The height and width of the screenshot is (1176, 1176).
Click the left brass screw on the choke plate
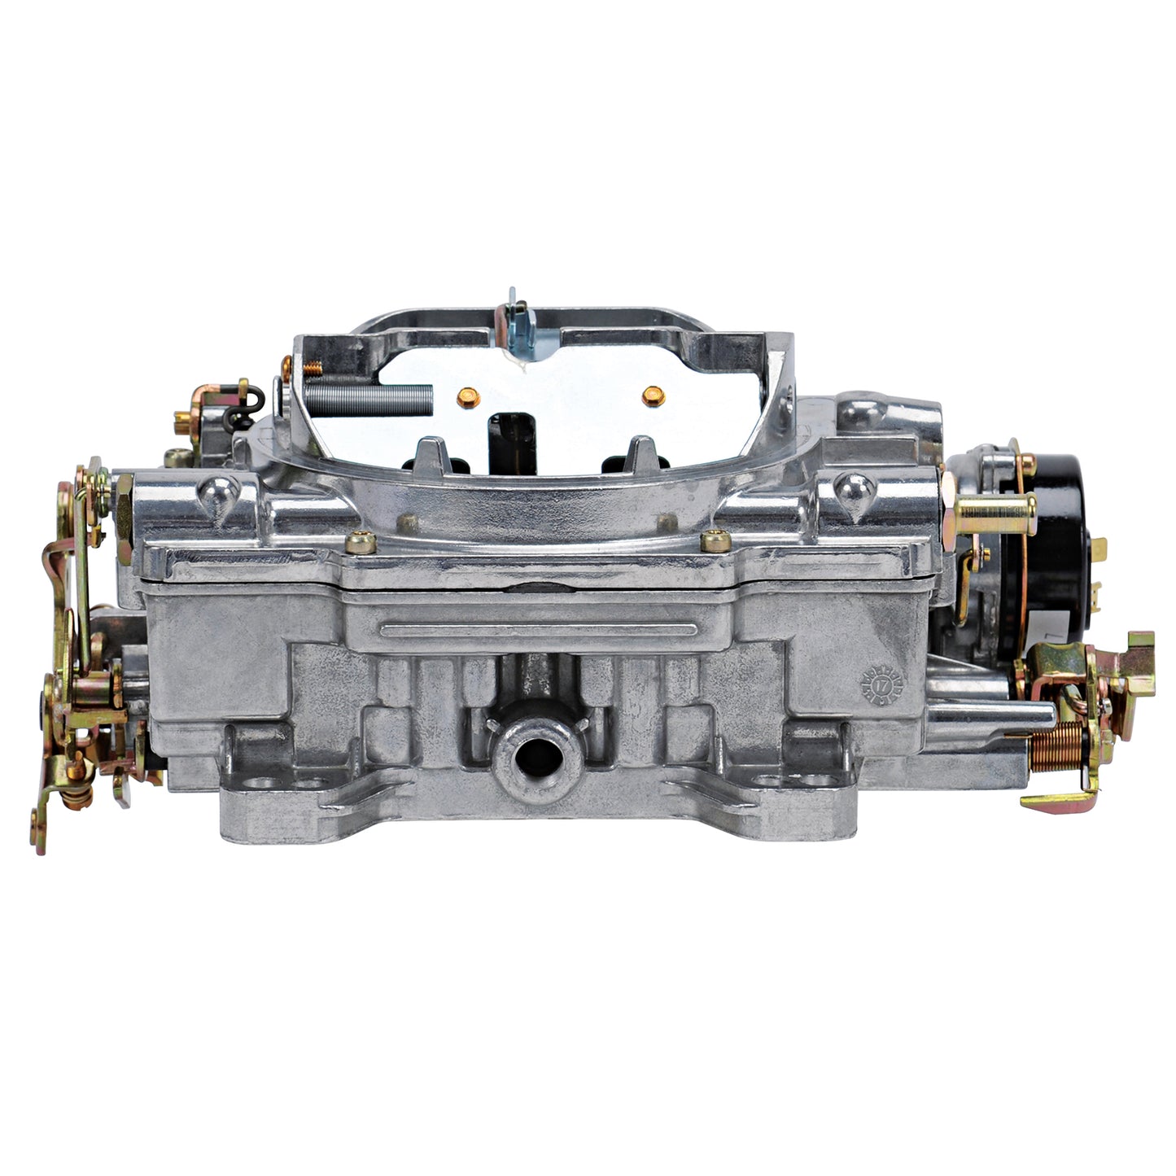(x=468, y=397)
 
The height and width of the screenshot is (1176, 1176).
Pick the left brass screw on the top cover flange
(x=356, y=540)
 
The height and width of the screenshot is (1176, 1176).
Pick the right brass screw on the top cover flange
(x=714, y=540)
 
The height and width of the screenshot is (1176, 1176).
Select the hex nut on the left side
(x=125, y=513)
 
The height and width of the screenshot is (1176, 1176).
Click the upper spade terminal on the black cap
(x=1099, y=549)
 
